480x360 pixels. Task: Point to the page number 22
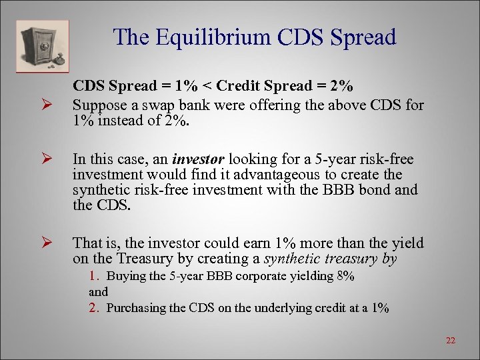point(451,341)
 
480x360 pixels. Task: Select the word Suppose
point(97,105)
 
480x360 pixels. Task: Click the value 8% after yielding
point(345,276)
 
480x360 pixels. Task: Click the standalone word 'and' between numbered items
point(98,292)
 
